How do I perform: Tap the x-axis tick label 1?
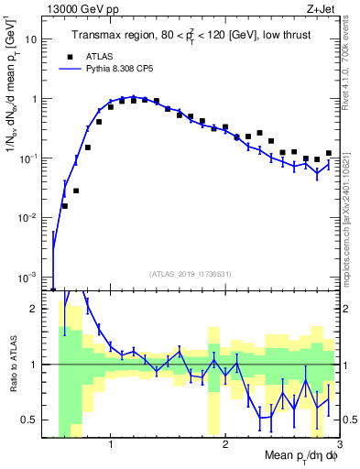[111, 446]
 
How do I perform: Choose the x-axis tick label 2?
[225, 446]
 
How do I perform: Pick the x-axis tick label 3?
[338, 446]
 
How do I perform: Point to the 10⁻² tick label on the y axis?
[37, 218]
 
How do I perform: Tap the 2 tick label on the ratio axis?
[44, 309]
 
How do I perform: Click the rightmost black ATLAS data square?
[328, 154]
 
